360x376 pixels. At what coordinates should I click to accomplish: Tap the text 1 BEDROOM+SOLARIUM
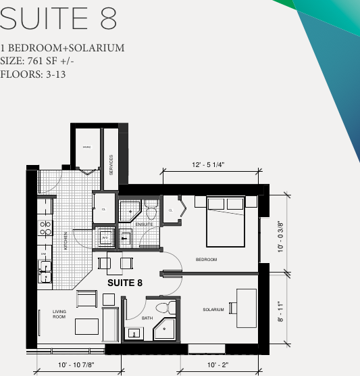62,48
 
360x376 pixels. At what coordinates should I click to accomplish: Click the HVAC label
87,147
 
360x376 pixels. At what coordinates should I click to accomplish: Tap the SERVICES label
111,165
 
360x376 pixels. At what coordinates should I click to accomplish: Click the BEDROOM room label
206,260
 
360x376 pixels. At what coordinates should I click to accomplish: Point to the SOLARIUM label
213,310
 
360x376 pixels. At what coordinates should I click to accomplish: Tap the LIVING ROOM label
59,314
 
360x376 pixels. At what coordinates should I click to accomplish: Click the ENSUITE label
144,225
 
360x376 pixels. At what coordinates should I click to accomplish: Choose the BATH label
147,318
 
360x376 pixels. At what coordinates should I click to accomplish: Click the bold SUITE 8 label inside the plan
125,283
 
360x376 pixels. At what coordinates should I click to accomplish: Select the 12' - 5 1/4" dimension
208,164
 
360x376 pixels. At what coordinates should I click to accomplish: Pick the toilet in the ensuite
151,213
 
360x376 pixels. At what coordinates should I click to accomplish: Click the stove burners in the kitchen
45,228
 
